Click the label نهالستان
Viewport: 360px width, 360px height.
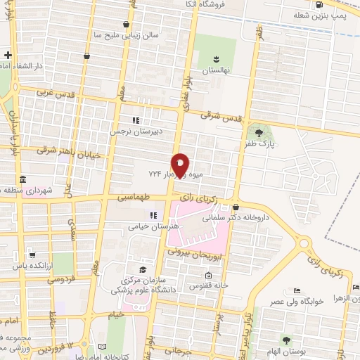[x=215, y=71]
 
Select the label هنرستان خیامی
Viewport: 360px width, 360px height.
[x=147, y=226]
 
